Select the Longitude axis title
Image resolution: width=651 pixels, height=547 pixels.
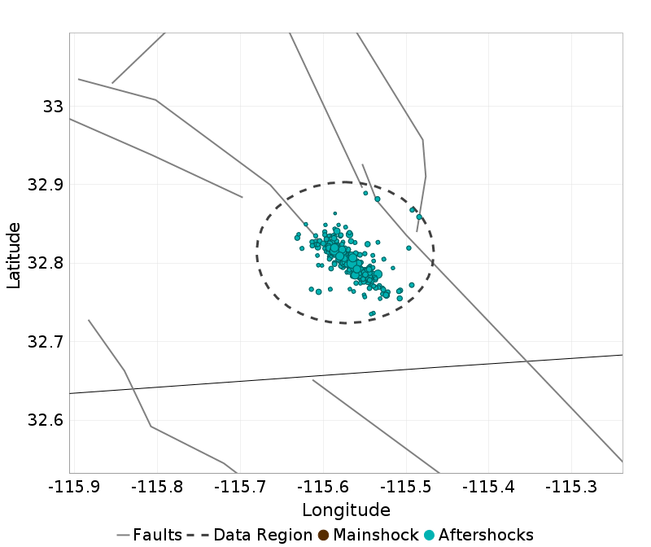[346, 510]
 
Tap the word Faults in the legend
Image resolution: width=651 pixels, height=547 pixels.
[157, 535]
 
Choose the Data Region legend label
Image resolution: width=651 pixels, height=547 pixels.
[263, 535]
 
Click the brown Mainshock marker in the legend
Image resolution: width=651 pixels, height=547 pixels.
[324, 535]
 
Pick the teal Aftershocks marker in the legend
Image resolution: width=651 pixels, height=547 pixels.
[430, 535]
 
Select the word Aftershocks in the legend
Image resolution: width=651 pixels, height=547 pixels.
[486, 535]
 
